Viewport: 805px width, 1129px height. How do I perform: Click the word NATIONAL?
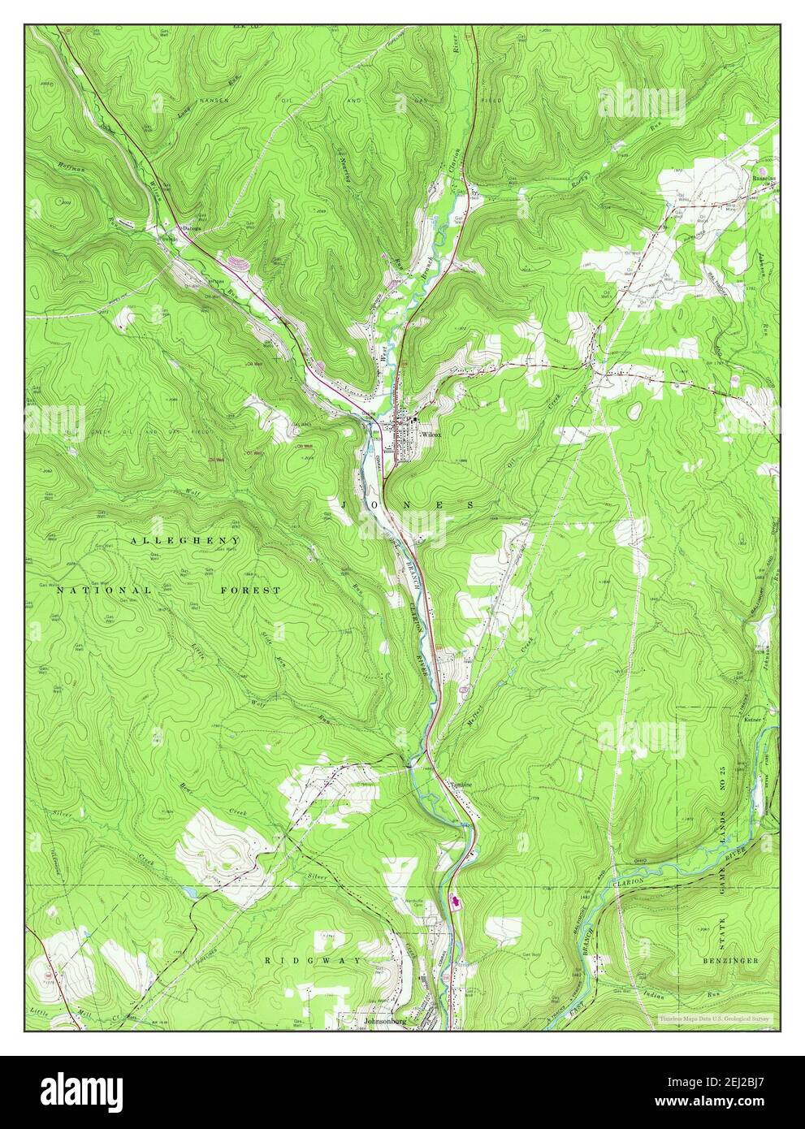[x=103, y=590]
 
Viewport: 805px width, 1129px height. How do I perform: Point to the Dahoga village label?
[x=192, y=229]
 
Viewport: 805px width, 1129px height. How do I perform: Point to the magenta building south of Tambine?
[x=454, y=901]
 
